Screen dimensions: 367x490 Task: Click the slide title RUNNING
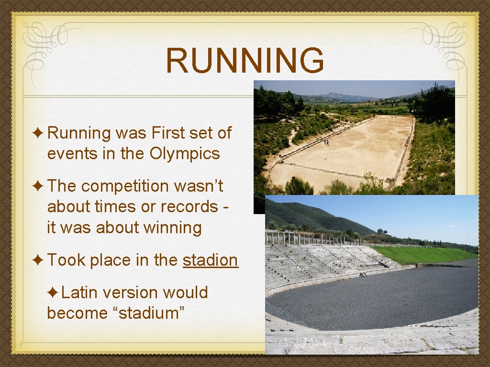pyautogui.click(x=245, y=61)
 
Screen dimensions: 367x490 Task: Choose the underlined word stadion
pyautogui.click(x=210, y=260)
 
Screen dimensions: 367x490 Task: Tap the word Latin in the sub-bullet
pyautogui.click(x=79, y=292)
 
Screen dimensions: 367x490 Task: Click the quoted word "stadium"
pyautogui.click(x=151, y=313)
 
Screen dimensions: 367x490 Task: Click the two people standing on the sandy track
pyautogui.click(x=326, y=142)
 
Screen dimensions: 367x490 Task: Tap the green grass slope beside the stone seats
pyautogui.click(x=421, y=255)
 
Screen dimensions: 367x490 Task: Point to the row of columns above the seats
pyautogui.click(x=306, y=237)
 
